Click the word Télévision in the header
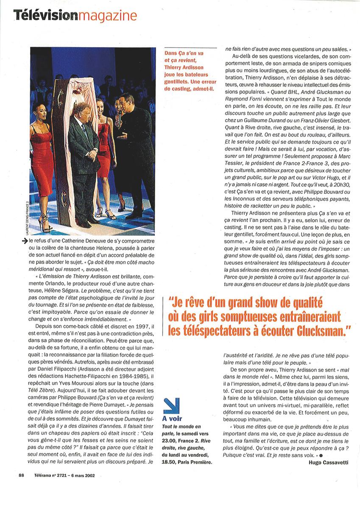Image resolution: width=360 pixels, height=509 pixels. (x=45, y=16)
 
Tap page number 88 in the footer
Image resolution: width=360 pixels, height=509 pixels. (x=21, y=475)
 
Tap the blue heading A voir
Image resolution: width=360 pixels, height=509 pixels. (x=173, y=419)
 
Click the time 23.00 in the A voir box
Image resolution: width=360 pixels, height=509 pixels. (x=171, y=441)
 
